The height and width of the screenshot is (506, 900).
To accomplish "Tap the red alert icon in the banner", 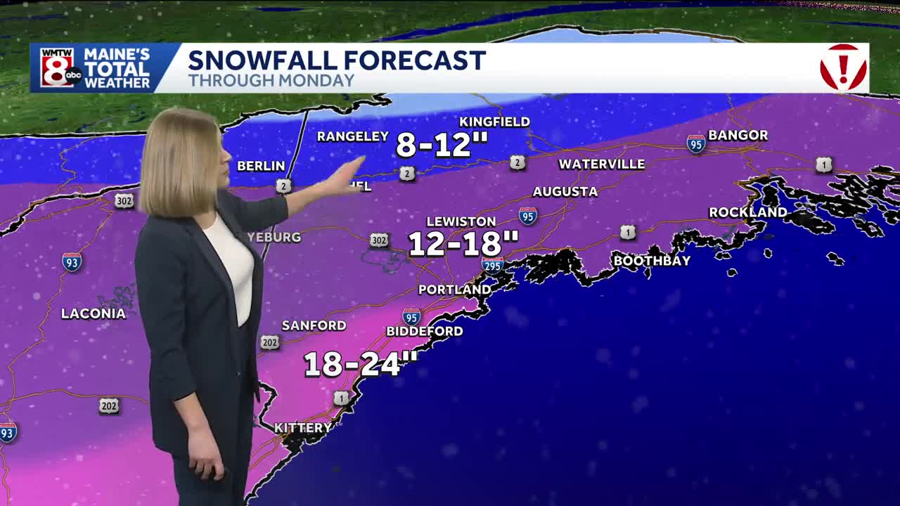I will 843,67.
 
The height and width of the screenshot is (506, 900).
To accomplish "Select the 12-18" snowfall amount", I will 463,244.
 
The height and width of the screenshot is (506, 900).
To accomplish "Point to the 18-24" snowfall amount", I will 360,364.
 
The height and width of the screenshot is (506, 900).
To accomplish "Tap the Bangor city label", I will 738,135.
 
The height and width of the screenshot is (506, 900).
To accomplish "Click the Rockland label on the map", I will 747,212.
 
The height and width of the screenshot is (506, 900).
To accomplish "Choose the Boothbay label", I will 652,261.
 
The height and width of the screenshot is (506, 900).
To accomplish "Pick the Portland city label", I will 454,290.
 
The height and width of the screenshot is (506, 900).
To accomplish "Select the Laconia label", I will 94,313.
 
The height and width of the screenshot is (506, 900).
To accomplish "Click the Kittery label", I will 302,427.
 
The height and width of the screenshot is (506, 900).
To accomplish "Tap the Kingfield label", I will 494,122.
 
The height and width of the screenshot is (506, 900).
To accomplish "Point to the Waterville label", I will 601,164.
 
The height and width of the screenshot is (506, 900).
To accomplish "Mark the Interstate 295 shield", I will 492,265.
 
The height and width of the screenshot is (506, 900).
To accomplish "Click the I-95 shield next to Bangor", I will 695,143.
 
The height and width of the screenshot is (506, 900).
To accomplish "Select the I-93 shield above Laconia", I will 72,262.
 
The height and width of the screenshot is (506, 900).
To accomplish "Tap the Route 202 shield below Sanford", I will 270,342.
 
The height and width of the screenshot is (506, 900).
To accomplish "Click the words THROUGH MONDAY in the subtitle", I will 271,80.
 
